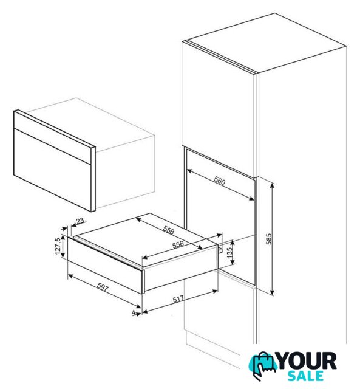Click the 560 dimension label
coord(220,181)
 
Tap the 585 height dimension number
coord(269,239)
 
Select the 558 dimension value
coord(169,230)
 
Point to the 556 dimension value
coord(178,244)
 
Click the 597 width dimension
coord(103,287)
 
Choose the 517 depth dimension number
coord(178,299)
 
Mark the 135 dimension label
coord(229,252)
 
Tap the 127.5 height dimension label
coord(58,246)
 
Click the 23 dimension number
coord(80,221)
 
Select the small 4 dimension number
coord(134,312)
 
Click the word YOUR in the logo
coord(307,360)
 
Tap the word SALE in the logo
coord(305,376)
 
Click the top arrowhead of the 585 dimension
coord(273,185)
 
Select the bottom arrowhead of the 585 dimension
coord(273,292)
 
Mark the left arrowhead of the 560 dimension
coord(189,171)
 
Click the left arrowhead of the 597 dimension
coord(71,275)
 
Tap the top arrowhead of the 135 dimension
coord(233,243)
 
